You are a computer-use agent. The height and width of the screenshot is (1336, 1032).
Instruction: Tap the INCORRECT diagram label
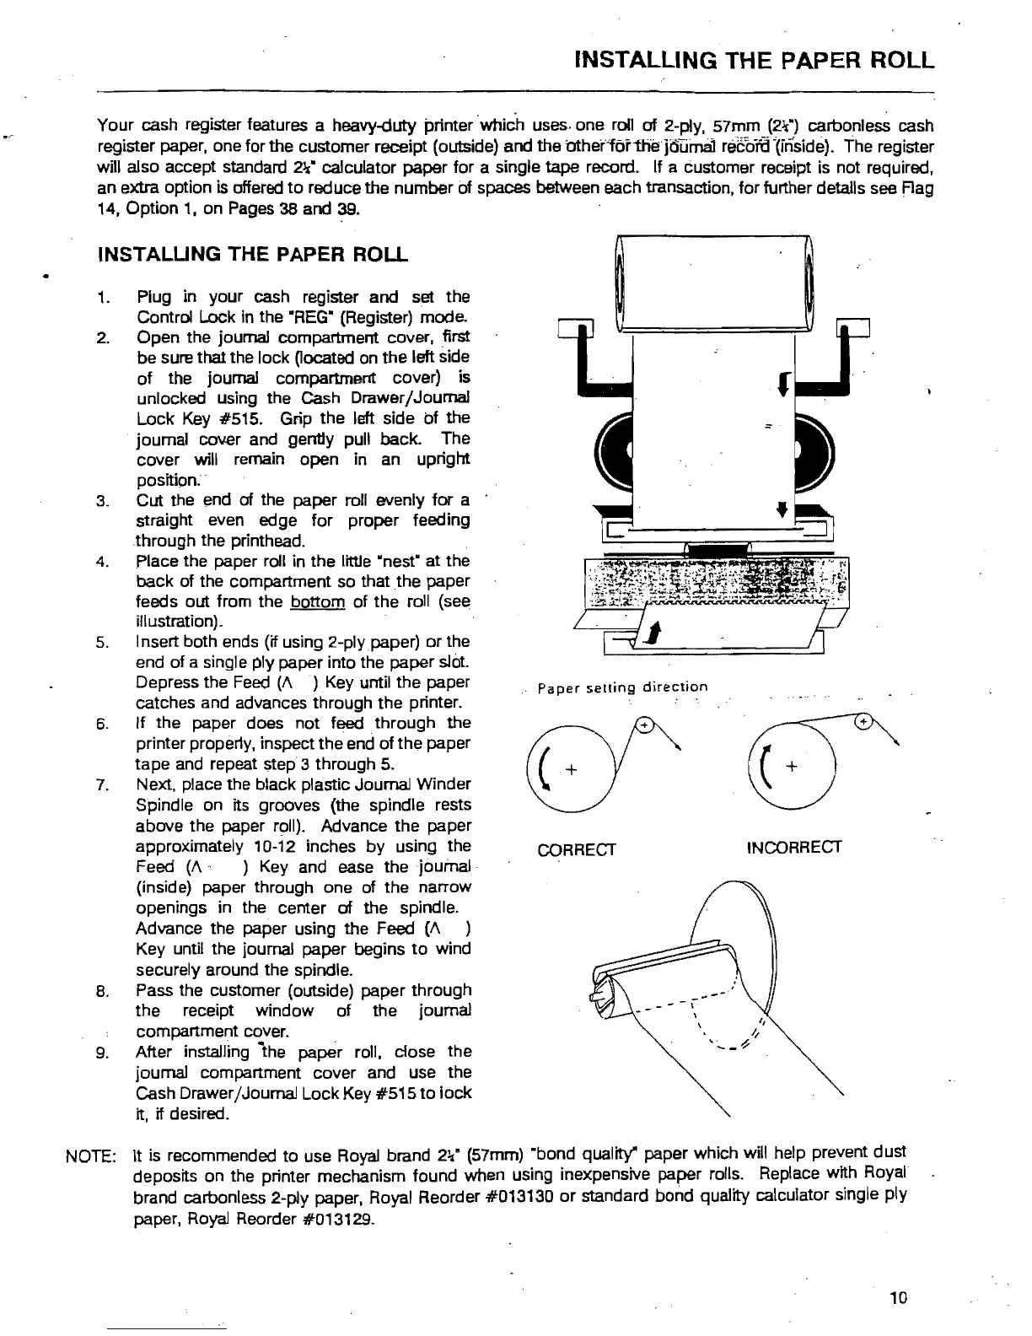tap(794, 847)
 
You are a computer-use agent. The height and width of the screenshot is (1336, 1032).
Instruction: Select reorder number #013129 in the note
tap(331, 1220)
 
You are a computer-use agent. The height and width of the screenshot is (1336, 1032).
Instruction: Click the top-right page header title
tap(753, 61)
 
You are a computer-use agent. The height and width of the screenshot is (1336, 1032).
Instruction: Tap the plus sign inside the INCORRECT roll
tap(791, 767)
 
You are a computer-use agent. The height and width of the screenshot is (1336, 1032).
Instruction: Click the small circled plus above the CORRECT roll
tap(643, 725)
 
